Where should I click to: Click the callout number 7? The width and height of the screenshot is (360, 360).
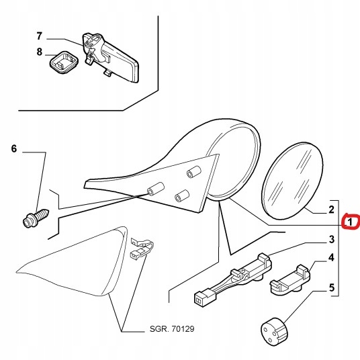[x=40, y=36]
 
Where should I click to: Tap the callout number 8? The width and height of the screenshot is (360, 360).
[x=40, y=52]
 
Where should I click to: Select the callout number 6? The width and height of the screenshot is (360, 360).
[x=14, y=149]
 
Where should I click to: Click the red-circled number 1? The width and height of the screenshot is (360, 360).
[x=350, y=222]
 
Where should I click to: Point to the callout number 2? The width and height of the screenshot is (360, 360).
[x=331, y=210]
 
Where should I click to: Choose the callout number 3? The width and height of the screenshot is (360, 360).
[x=332, y=239]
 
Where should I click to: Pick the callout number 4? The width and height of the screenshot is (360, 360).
[x=331, y=258]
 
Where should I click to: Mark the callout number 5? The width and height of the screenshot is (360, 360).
[x=332, y=287]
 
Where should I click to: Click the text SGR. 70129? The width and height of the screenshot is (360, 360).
[x=172, y=329]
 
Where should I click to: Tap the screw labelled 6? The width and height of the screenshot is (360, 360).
[x=36, y=218]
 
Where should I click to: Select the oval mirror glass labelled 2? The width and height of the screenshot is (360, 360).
[x=292, y=181]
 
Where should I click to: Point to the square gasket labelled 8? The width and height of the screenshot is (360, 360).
[x=64, y=62]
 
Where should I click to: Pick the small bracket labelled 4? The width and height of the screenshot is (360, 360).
[x=289, y=281]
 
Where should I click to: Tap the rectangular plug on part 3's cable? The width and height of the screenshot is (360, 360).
[x=205, y=298]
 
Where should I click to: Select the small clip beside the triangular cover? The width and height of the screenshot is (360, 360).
[x=142, y=249]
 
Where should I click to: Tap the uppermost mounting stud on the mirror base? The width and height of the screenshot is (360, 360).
[x=194, y=171]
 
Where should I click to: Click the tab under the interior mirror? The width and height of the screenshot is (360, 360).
[x=107, y=73]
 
